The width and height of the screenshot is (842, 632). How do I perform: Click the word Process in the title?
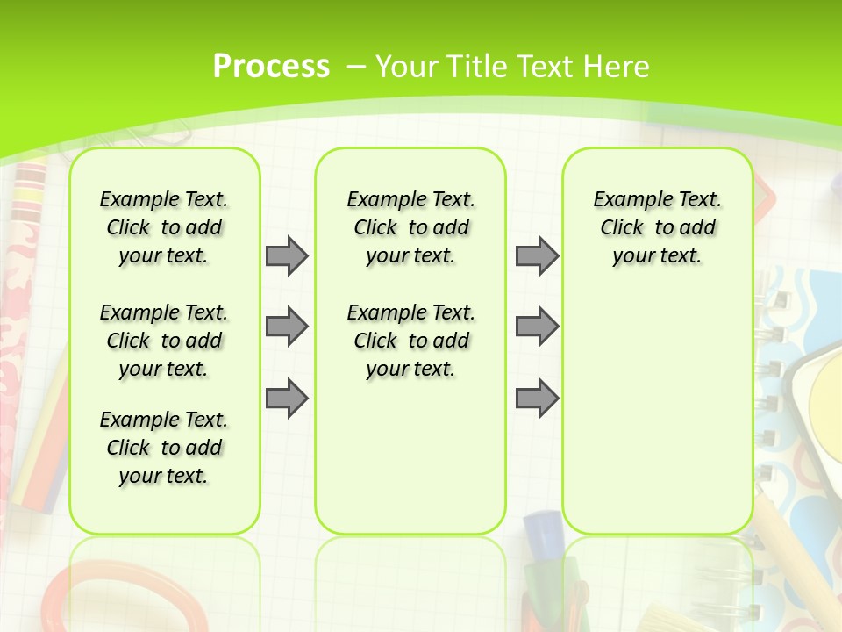(x=271, y=66)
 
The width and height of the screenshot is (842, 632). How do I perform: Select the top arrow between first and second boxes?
(x=287, y=255)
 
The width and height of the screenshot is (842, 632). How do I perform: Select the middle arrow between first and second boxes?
(x=287, y=327)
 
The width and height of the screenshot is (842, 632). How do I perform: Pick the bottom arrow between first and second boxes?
(x=287, y=399)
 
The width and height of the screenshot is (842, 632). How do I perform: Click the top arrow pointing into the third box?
(x=537, y=255)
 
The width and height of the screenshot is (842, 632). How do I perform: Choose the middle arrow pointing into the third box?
(x=537, y=327)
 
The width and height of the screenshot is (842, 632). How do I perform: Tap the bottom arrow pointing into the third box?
(x=537, y=399)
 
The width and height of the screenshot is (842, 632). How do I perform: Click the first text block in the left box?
(x=164, y=227)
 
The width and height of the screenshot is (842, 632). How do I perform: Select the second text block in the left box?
(x=164, y=341)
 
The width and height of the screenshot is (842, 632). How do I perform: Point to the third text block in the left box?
(x=164, y=448)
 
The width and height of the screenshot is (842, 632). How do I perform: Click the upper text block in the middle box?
(x=410, y=227)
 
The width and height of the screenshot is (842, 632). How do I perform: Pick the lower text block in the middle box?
(x=410, y=341)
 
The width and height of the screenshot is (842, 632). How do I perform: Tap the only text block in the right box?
(x=657, y=227)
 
